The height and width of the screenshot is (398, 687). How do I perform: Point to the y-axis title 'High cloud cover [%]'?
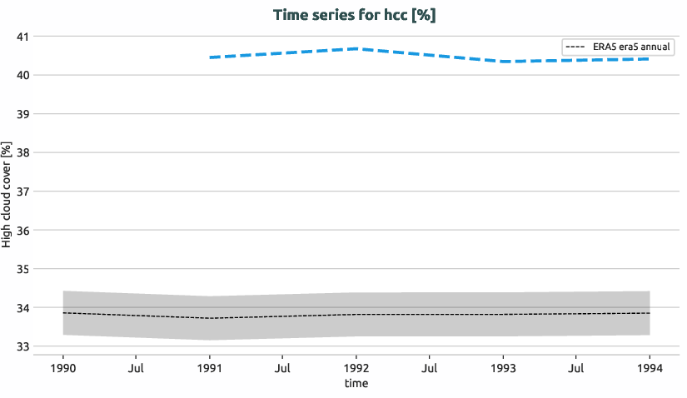click(x=7, y=194)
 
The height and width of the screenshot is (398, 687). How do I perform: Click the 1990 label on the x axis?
click(x=63, y=367)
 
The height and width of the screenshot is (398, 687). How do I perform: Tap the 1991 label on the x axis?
click(x=210, y=367)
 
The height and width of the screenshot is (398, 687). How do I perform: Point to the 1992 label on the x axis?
click(x=356, y=367)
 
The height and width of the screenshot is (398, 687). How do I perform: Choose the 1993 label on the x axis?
click(x=503, y=367)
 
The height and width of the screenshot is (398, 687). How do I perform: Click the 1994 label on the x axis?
click(x=650, y=367)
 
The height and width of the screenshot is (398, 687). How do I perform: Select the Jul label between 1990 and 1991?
click(x=137, y=367)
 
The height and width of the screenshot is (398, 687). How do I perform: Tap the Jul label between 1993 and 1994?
click(x=576, y=367)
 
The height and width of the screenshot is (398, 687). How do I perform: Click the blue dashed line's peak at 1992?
click(x=356, y=49)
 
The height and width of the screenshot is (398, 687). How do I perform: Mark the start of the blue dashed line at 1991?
click(x=210, y=57)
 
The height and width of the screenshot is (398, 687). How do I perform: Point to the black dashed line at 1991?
click(x=210, y=318)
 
